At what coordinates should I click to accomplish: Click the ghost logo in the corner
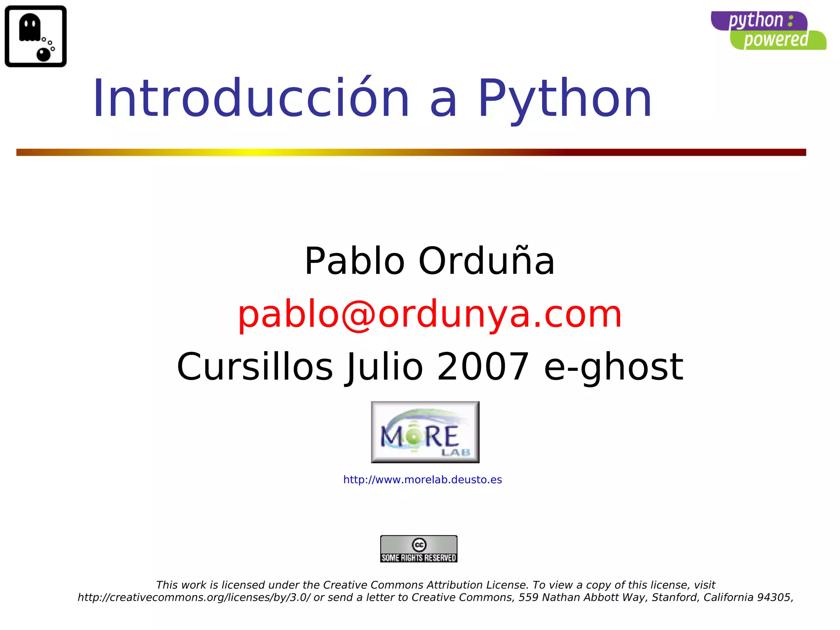(x=36, y=36)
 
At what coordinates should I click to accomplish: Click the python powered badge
(x=768, y=31)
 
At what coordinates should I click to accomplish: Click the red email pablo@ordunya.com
(x=429, y=314)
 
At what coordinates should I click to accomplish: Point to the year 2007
(x=483, y=366)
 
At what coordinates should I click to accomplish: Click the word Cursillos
(x=255, y=366)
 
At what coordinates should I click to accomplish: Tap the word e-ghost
(x=613, y=366)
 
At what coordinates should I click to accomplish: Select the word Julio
(x=384, y=366)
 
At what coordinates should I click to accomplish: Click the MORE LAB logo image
(x=425, y=432)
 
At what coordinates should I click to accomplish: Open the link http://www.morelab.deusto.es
(x=422, y=479)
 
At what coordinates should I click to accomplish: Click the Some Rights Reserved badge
(x=418, y=549)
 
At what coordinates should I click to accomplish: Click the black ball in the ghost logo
(x=43, y=54)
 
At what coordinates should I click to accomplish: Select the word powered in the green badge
(x=776, y=40)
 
